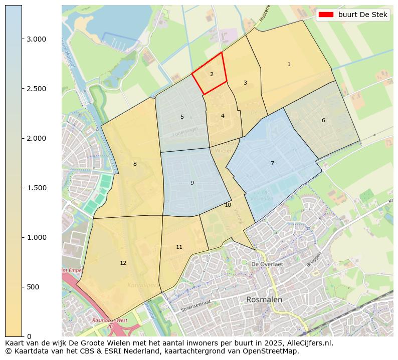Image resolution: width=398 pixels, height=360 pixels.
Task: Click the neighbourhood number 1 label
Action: point(289,64)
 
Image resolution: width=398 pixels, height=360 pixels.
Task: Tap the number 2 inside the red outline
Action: point(212,74)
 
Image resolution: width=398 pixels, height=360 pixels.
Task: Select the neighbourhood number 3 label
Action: point(245,83)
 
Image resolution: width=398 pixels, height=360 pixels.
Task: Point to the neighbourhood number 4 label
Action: point(223,116)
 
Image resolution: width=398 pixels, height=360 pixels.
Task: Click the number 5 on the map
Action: point(182,117)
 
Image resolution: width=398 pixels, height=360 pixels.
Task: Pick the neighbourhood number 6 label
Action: point(323,120)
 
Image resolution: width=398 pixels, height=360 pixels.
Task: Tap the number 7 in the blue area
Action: point(272,163)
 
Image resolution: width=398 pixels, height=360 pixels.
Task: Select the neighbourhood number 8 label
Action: point(135,164)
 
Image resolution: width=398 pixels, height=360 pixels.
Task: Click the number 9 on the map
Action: point(192,183)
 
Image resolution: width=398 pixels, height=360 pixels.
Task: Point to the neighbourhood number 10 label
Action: point(228,205)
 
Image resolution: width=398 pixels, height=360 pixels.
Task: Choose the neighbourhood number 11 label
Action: point(179,247)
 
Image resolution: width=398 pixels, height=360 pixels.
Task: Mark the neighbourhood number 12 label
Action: point(123,263)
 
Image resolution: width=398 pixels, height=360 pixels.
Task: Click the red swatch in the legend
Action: point(326,15)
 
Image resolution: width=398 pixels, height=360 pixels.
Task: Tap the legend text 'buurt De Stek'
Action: point(362,15)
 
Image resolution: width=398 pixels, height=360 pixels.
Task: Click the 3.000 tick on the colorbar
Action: point(36,39)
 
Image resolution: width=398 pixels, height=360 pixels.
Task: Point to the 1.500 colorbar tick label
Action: point(36,188)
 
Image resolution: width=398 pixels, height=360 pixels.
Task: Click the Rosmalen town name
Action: point(264,299)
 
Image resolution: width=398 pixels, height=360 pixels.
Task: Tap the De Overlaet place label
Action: point(267,264)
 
